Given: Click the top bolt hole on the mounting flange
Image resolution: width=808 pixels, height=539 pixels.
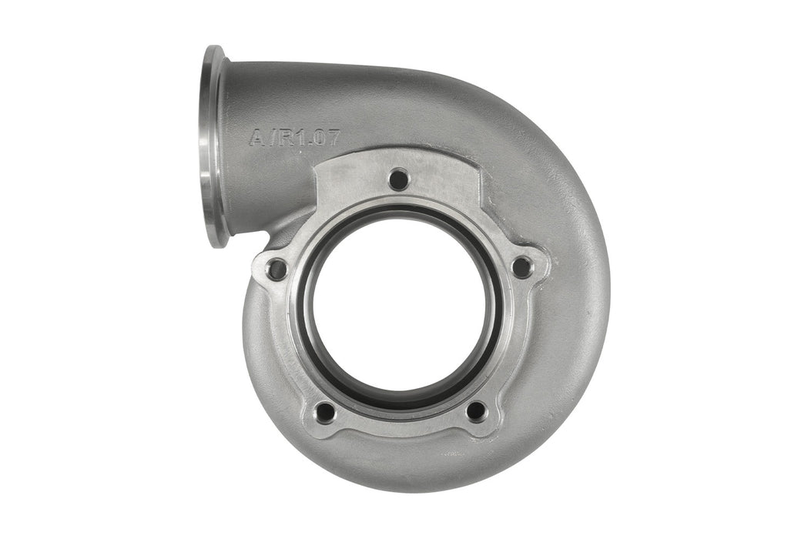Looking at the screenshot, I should pyautogui.click(x=398, y=180).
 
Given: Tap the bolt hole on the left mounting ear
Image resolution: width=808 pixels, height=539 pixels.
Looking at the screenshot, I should pyautogui.click(x=277, y=269).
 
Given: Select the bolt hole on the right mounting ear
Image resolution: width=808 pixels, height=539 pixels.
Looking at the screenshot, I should pyautogui.click(x=521, y=268).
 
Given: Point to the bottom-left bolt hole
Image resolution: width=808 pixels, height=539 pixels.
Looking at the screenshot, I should pyautogui.click(x=326, y=412).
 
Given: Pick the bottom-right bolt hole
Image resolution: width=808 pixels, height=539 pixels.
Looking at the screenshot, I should pyautogui.click(x=476, y=411).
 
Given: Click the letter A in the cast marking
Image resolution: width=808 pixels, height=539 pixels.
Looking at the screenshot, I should pyautogui.click(x=256, y=139).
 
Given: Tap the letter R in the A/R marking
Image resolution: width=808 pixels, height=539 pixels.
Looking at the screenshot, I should pyautogui.click(x=281, y=139).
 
